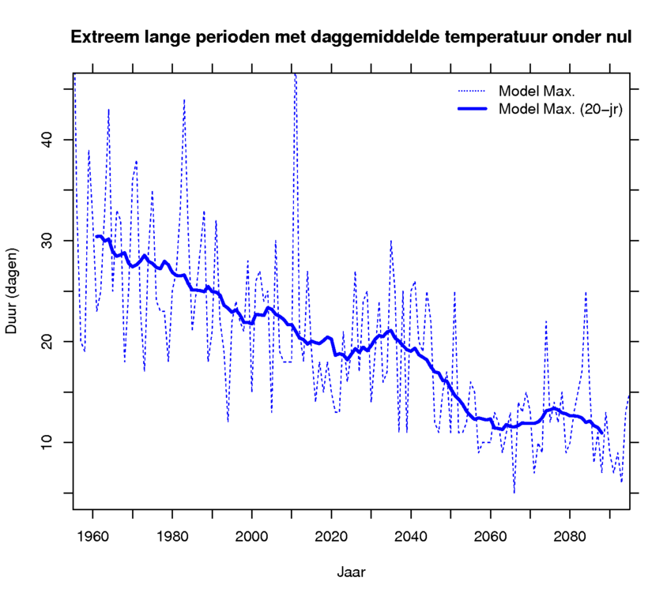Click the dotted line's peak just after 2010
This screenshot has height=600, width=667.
coord(295,75)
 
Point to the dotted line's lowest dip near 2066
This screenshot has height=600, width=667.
coord(514,492)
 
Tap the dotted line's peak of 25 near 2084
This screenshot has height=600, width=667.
coord(586,292)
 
